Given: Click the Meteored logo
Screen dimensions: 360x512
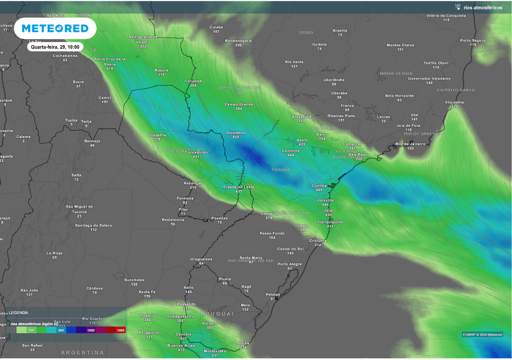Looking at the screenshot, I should point(55,28).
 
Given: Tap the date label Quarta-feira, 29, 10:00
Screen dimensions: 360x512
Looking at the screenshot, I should point(55,46).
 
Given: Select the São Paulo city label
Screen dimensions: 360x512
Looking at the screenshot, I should point(358,154).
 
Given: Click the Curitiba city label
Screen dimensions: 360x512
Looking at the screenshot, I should point(319,185).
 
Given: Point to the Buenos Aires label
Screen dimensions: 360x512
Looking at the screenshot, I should point(181,345).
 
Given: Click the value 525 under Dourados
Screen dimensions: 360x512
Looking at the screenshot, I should point(235,137).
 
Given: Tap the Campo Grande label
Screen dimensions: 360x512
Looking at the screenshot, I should point(238,104).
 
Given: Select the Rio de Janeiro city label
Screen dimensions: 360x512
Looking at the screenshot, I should point(410,143).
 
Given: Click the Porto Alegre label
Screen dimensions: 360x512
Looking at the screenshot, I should point(289,264).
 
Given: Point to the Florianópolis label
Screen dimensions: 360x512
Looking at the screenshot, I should point(330,221).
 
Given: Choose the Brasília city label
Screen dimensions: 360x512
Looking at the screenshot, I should point(340,30).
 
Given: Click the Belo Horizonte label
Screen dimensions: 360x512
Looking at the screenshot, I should point(399,95).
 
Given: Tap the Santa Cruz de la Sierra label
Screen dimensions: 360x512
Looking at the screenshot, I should point(109,61).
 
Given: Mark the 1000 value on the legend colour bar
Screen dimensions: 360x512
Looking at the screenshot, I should point(91,330).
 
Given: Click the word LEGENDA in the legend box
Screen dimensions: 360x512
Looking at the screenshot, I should point(18,312).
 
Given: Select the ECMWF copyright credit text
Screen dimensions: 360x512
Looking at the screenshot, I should point(482,334).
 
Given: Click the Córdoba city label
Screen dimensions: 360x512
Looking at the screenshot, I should point(94,288).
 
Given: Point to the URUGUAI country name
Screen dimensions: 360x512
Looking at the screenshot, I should point(217,313).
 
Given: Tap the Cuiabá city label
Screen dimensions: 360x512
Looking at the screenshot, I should point(216,27).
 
